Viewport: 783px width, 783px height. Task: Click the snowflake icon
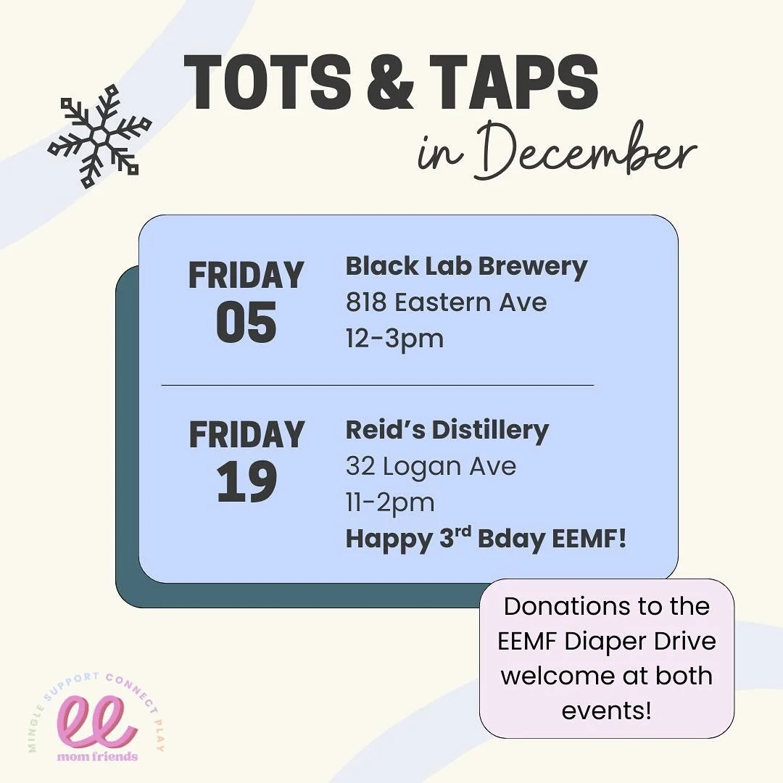[x=99, y=136]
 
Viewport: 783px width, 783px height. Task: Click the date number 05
[x=246, y=322]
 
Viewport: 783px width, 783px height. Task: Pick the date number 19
[x=246, y=481]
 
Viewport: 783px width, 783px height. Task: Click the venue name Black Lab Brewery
[x=466, y=267]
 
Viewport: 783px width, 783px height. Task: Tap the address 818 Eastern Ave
[x=446, y=302]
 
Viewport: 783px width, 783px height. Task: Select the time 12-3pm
[x=394, y=338]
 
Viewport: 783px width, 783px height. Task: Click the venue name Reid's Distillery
[x=447, y=430]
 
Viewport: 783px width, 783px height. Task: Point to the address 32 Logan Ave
[x=431, y=466]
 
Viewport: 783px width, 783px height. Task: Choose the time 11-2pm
[x=390, y=502]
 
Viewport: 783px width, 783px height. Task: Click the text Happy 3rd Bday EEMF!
[x=485, y=539]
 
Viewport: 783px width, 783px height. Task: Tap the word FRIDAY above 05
[x=246, y=276]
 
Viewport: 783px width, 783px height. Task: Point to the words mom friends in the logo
[x=97, y=756]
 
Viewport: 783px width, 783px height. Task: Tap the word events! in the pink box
[x=607, y=710]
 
